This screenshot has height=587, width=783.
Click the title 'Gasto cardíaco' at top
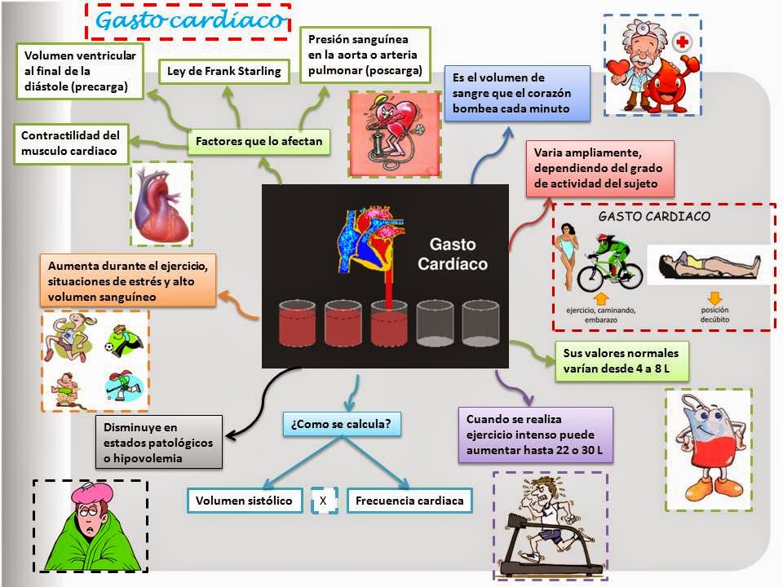[189, 21]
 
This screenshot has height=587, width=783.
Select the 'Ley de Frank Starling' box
[223, 71]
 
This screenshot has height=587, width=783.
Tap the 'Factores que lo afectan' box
[259, 142]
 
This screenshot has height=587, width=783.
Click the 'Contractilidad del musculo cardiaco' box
[71, 143]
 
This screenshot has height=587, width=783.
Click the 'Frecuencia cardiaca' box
[409, 501]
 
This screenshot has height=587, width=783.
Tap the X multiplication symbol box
[324, 501]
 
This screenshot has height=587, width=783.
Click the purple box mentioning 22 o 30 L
[535, 435]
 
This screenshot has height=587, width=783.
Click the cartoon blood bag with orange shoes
[706, 448]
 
